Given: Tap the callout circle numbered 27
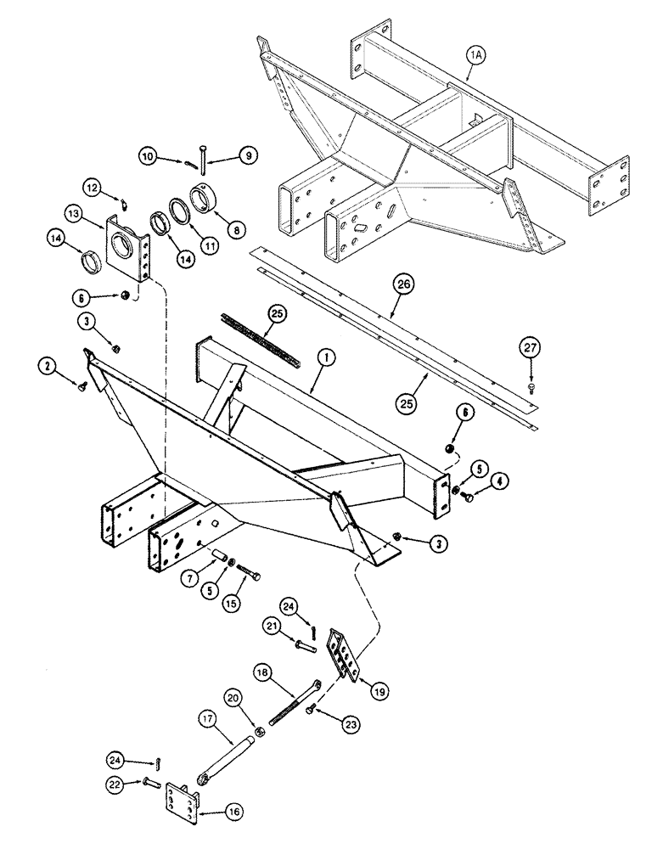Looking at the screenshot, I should pos(530,347).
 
